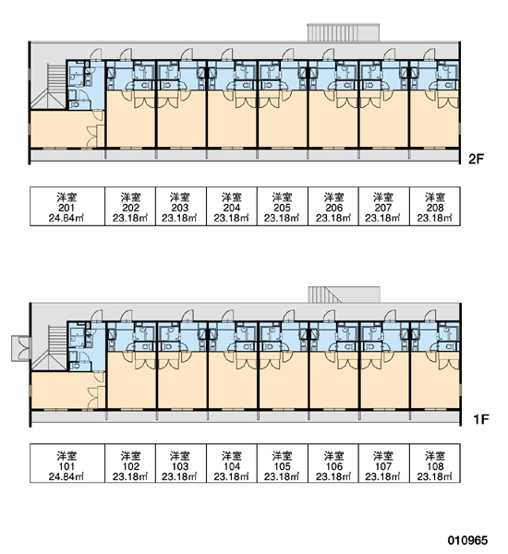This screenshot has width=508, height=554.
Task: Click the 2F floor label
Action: pos(476,160)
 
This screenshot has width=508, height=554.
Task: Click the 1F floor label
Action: pos(481,419)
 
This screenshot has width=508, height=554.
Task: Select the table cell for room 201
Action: pos(67,206)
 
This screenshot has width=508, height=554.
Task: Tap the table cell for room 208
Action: pos(435,206)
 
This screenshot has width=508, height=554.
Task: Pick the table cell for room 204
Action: pos(232,206)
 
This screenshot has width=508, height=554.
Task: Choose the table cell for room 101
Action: pos(67,464)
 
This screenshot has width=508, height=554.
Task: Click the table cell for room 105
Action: pos(283,464)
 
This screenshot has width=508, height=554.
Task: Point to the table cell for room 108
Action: pos(435,464)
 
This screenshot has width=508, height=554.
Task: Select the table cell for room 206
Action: pos(333,206)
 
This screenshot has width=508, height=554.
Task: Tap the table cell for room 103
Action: pos(181,464)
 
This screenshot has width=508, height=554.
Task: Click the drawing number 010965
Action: pos(467,540)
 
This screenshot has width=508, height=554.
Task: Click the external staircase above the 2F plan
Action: pos(343,32)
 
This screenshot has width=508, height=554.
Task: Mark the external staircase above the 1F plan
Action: pos(344,295)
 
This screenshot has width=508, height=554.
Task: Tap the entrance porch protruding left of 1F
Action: pos(21,348)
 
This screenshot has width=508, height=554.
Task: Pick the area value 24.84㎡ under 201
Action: pos(67,218)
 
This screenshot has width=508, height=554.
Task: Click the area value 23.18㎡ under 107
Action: pos(382,476)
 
